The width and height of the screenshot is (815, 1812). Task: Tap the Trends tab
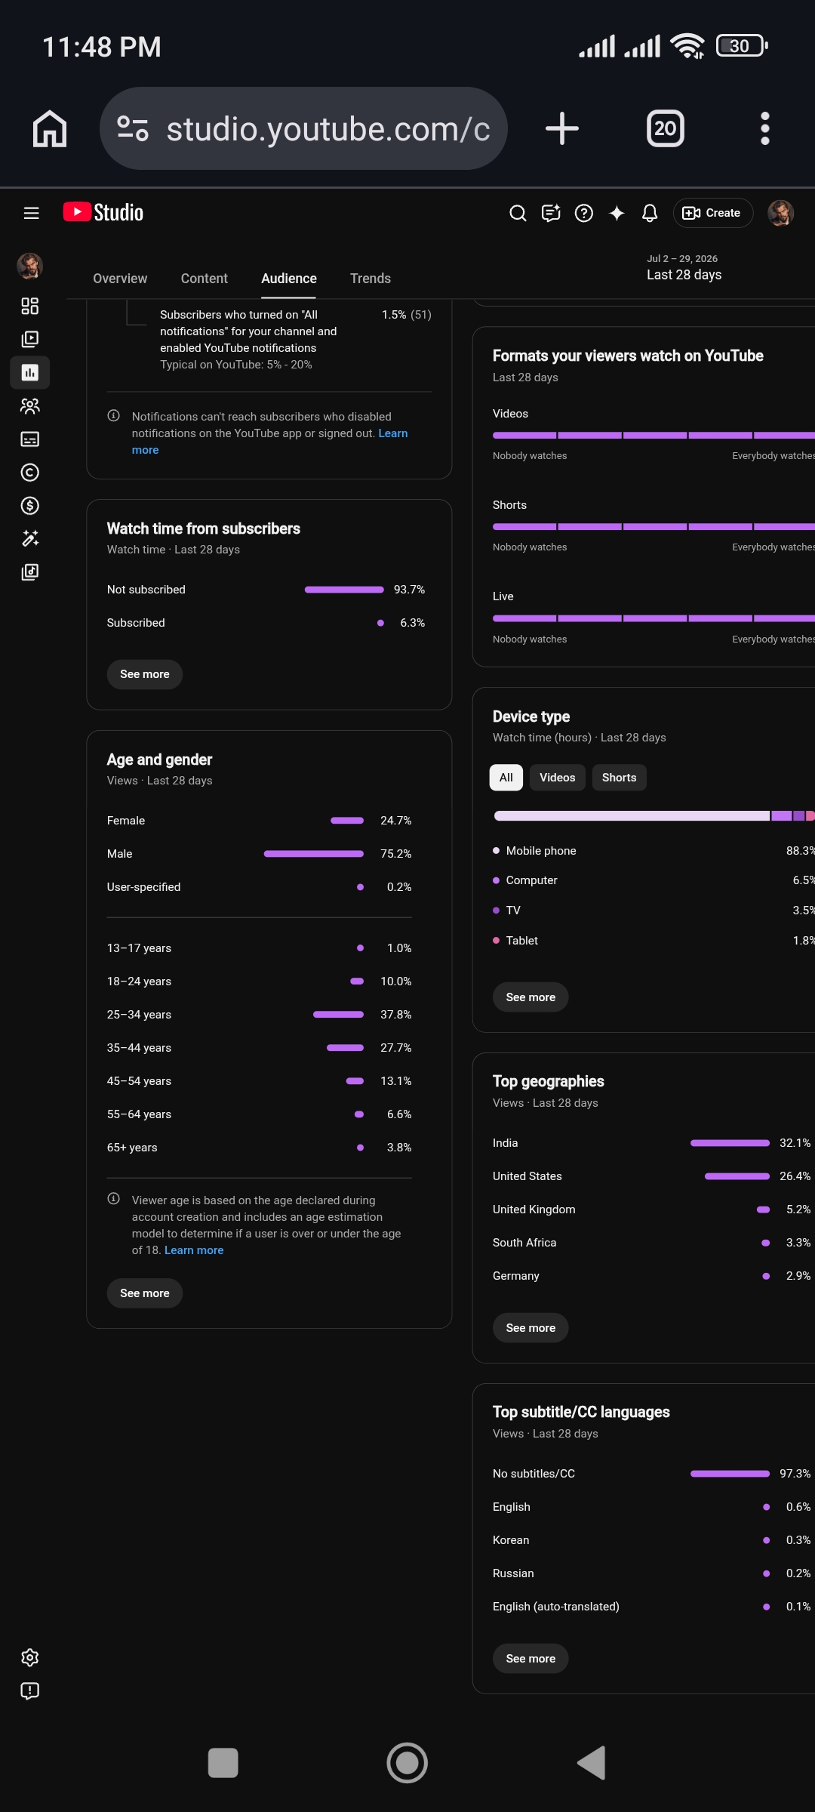coord(371,279)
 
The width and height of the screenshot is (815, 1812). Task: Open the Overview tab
coord(120,279)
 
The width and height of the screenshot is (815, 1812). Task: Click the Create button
coord(712,213)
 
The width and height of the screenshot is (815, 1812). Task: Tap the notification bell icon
coord(650,213)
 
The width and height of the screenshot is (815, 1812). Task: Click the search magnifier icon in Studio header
coord(518,213)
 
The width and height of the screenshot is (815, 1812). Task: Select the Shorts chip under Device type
coord(619,778)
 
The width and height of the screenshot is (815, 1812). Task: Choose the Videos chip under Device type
coord(558,778)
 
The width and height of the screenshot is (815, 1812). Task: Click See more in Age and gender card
coord(145,1293)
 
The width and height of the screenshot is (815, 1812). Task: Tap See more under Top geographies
coord(531,1328)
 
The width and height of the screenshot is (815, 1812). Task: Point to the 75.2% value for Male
coord(396,854)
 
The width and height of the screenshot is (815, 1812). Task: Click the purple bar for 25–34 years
coord(339,1015)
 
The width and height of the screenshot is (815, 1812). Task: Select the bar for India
coord(730,1143)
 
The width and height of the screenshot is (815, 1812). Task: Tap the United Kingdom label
coord(534,1210)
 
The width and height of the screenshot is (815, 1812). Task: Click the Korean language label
coord(511,1540)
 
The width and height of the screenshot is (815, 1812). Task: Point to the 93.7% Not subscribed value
coord(410,590)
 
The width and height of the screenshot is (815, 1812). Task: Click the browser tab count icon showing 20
coord(666,128)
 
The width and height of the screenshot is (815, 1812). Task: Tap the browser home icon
coord(50,128)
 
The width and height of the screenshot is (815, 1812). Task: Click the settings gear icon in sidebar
coord(30,1657)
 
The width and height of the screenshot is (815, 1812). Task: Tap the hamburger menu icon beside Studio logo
coord(32,213)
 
